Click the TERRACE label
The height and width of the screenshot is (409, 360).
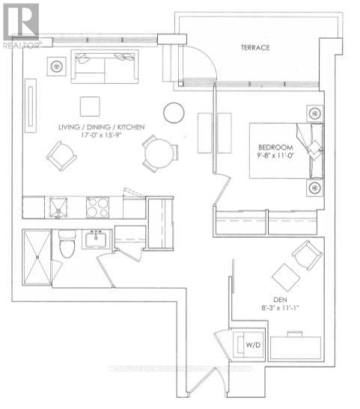pyautogui.click(x=254, y=48)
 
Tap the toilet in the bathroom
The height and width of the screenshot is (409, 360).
pyautogui.click(x=67, y=245)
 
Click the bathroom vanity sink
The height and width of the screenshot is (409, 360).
pyautogui.click(x=96, y=240)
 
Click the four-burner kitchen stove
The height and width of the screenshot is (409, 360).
pyautogui.click(x=97, y=206)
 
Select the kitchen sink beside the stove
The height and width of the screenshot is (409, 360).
pyautogui.click(x=58, y=206)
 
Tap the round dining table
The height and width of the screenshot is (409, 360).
pyautogui.click(x=161, y=155)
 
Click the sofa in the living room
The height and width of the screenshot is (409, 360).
pyautogui.click(x=105, y=67)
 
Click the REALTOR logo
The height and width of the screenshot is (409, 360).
pyautogui.click(x=20, y=25)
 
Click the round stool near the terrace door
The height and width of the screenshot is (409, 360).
pyautogui.click(x=174, y=112)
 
